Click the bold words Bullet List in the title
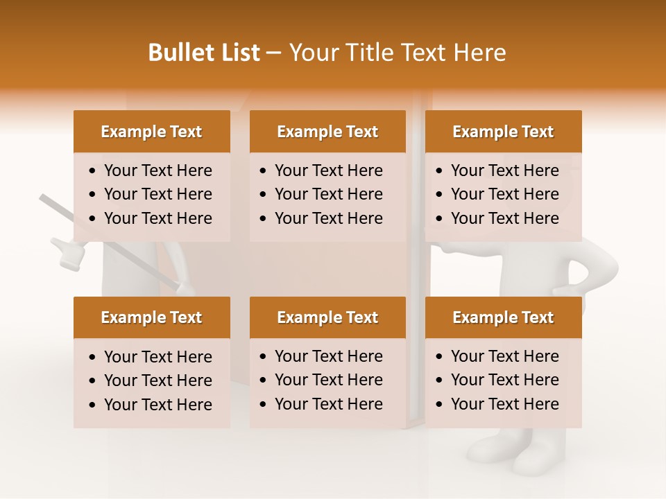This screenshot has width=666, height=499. coord(203,53)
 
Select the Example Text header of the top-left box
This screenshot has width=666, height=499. coord(151,132)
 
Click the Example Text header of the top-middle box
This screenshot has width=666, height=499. coord(327,132)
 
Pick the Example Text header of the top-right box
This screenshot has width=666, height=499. coord(503,132)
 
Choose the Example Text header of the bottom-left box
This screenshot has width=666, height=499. coord(151,317)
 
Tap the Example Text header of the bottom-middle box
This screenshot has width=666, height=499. coord(327,317)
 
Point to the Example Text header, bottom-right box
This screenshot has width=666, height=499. coord(503,317)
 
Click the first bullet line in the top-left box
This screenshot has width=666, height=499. coord(157,170)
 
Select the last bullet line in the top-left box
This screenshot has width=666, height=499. coord(157,218)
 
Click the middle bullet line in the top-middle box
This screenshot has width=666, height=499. coord(328,194)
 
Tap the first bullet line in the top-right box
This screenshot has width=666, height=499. coord(504,170)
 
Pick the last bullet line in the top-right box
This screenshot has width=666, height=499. coord(504,218)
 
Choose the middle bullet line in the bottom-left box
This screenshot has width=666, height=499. coord(157,380)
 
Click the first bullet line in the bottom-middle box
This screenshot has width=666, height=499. coord(328,356)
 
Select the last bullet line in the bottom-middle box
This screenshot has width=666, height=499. coord(328,404)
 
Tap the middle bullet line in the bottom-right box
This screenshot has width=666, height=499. coord(504,380)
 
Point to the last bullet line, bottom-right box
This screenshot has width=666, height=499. coord(504,404)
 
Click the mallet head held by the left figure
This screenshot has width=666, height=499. coord(70,254)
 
